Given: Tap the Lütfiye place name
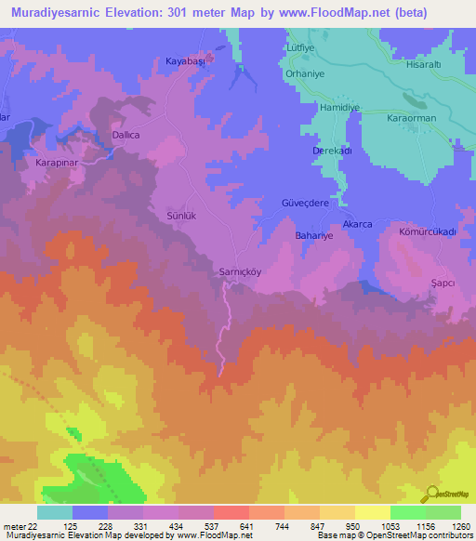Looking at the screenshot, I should [300, 46].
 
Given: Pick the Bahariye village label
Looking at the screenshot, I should [314, 237].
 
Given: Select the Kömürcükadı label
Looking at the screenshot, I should [427, 231].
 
